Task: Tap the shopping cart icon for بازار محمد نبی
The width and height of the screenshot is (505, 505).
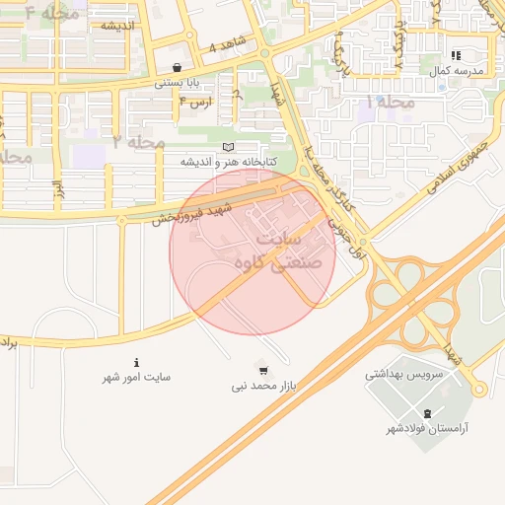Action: point(263,371)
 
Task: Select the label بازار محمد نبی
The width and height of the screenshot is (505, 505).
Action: point(264,387)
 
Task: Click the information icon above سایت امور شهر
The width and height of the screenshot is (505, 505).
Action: point(136,362)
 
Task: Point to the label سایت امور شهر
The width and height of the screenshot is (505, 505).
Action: point(137,378)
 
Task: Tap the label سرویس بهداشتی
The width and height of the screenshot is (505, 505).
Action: point(404,375)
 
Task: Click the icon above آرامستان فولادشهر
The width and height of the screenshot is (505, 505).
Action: point(426,413)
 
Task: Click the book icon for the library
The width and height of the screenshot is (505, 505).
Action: point(228,147)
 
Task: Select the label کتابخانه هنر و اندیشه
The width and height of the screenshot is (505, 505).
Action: point(229,161)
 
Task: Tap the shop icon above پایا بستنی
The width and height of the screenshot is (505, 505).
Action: point(177,68)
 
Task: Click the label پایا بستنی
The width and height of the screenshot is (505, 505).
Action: point(178,84)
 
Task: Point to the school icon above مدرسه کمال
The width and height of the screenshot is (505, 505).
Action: point(455,56)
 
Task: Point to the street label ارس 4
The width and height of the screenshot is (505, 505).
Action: point(200,102)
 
